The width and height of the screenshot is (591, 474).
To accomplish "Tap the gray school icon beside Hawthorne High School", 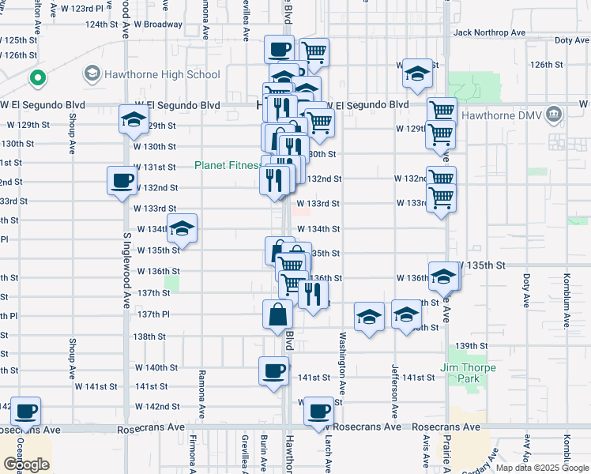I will tap(91, 75).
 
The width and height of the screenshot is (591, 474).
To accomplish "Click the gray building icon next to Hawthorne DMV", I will tap(553, 114).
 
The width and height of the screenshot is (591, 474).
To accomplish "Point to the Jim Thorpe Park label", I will tap(469, 373).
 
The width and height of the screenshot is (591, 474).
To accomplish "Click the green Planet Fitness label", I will tap(228, 165).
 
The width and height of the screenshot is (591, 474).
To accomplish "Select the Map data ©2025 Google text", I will tap(543, 468).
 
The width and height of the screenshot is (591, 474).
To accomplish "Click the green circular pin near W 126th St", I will tap(36, 78).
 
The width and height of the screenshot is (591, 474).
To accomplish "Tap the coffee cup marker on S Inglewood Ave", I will tap(122, 180).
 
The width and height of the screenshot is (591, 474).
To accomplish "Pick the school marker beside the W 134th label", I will tap(183, 229).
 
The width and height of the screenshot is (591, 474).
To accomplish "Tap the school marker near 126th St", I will tap(417, 73).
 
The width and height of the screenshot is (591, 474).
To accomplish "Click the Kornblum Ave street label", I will tap(567, 300).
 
